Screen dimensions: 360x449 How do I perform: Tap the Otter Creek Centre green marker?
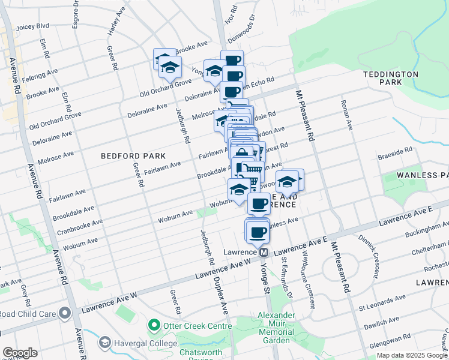[154, 326]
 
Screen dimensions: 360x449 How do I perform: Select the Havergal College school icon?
[105, 342]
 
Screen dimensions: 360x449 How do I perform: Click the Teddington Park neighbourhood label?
[390, 78]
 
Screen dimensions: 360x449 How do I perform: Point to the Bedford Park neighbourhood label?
[124, 155]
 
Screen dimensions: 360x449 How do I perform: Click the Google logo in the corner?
[20, 353]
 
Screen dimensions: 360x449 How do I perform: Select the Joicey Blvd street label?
[32, 26]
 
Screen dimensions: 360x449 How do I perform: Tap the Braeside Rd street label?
[395, 154]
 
